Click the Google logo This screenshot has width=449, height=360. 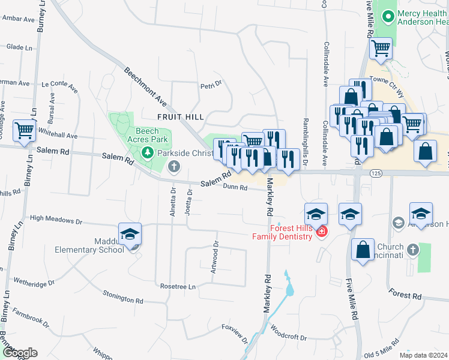(19, 353)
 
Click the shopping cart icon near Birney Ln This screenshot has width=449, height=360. (24, 129)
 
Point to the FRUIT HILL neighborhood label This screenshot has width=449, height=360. (180, 116)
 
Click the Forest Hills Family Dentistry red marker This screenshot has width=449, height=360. (322, 232)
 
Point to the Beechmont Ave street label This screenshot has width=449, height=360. (145, 87)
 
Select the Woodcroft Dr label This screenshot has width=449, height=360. (288, 332)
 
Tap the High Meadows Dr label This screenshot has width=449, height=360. (56, 221)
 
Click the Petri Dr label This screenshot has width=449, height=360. (211, 85)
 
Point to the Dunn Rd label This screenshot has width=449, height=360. (235, 187)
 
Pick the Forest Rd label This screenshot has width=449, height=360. (405, 295)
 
